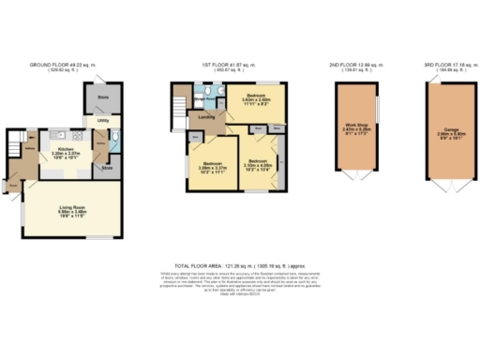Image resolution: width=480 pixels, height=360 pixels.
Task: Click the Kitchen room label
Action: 66,148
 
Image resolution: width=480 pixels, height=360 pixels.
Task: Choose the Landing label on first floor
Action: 204,117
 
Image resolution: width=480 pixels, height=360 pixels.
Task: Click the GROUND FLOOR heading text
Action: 62,65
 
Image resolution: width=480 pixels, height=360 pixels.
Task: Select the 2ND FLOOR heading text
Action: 355,65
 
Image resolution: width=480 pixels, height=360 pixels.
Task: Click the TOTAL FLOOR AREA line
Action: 240,265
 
